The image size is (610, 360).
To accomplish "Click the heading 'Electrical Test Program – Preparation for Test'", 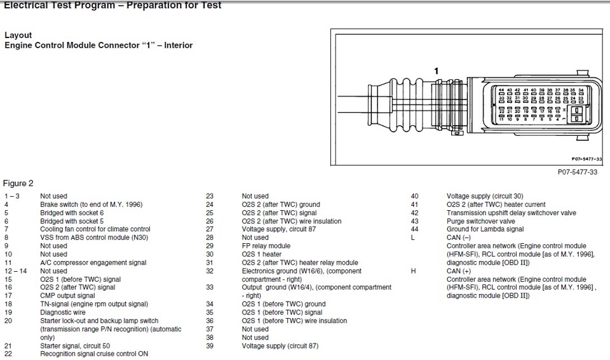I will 112,5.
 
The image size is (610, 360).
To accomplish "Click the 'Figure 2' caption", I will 18,183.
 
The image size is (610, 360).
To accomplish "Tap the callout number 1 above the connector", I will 437,70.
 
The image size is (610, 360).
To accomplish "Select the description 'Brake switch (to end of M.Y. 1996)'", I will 91,204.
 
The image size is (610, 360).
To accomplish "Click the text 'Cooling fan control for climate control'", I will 95,229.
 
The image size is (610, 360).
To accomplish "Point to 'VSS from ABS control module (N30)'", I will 91,237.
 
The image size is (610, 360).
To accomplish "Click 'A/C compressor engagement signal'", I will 93,262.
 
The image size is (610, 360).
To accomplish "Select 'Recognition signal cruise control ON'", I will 94,354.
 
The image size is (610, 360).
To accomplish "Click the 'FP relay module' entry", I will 266,246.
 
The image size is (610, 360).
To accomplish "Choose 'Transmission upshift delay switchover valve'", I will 512,213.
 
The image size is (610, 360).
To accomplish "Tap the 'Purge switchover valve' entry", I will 480,221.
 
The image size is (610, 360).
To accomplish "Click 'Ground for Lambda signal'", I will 485,229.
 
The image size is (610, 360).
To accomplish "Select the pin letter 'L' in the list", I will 414,237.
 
